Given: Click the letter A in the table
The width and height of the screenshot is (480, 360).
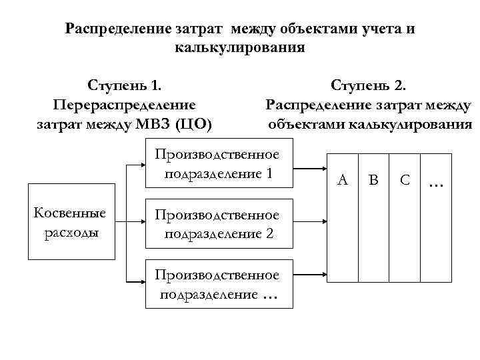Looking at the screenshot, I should tap(343, 179).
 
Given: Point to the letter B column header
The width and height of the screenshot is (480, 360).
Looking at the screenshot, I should tap(374, 179).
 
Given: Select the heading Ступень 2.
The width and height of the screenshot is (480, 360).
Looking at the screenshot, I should tap(368, 86).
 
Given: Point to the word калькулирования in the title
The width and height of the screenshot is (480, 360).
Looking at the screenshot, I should tap(240, 48).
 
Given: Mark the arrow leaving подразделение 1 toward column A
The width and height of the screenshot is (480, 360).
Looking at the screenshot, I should tap(310, 165).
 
